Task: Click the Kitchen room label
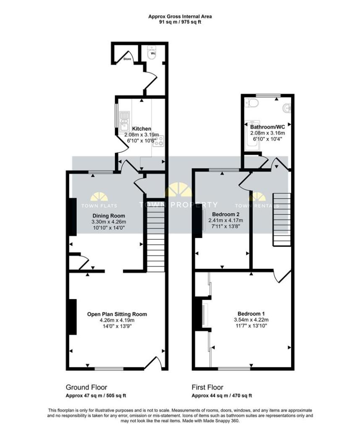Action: [x=142, y=128]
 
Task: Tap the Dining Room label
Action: [x=109, y=216]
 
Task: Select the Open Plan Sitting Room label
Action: [x=117, y=314]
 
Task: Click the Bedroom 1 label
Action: [x=251, y=314]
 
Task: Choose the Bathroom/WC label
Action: [x=268, y=127]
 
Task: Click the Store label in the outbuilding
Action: [x=127, y=59]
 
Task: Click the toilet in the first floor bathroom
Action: [x=252, y=103]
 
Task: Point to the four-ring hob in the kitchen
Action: [x=159, y=141]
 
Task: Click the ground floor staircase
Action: [x=155, y=235]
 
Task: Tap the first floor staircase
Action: [x=281, y=219]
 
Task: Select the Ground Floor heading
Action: [x=87, y=387]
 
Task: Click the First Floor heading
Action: [x=208, y=387]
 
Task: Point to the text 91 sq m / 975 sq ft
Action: [x=180, y=22]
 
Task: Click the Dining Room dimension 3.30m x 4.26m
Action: [x=109, y=222]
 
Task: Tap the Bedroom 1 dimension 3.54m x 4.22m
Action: [x=251, y=320]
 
